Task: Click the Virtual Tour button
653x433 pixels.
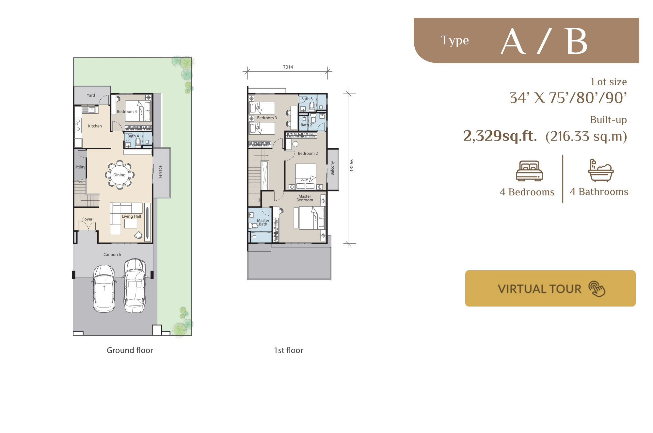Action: [550, 288]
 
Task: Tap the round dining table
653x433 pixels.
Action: [119, 175]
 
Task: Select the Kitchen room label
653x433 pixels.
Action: [95, 126]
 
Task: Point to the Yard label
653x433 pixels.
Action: [91, 95]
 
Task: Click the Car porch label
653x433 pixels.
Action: [112, 255]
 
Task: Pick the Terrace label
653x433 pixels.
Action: [160, 172]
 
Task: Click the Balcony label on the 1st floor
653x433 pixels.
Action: [332, 168]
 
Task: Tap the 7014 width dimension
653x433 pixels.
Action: [288, 67]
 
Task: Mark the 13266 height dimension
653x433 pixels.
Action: [352, 165]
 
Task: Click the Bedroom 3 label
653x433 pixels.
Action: [267, 118]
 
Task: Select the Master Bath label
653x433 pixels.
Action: [263, 222]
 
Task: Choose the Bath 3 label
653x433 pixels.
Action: [307, 99]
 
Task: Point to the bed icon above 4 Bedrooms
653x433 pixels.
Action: [529, 171]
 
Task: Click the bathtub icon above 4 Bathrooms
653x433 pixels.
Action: [601, 170]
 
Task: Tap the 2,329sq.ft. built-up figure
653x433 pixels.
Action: [500, 136]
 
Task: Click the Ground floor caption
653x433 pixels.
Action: [130, 350]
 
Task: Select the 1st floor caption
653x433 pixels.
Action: [289, 350]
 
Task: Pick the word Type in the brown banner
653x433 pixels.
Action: [455, 41]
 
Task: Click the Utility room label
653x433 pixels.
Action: [80, 167]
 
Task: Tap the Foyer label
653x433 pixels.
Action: [88, 219]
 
